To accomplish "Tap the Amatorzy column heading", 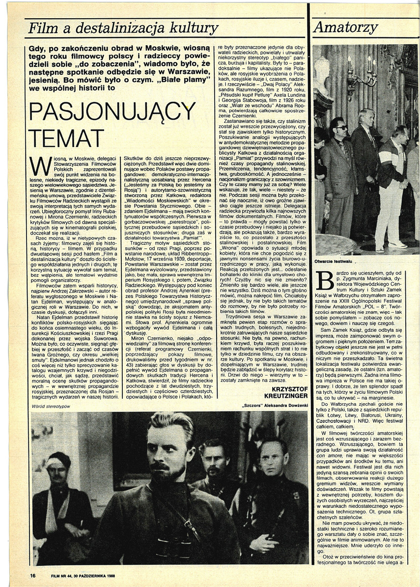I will click(345, 28).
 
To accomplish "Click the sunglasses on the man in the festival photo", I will click(340, 127).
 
